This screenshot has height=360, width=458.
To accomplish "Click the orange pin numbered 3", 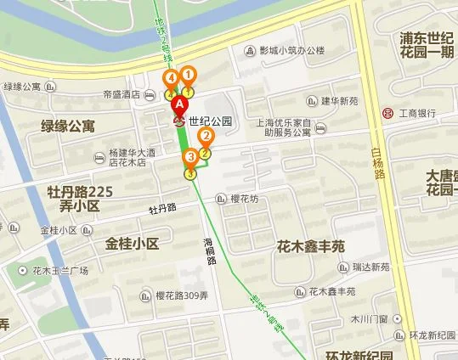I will click(191, 157).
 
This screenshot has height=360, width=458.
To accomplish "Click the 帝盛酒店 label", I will click(121, 95).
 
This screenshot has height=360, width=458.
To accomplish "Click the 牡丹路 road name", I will click(161, 208).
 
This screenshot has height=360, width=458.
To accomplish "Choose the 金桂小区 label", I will click(133, 244).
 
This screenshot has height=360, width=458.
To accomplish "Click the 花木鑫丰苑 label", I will click(311, 247).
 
